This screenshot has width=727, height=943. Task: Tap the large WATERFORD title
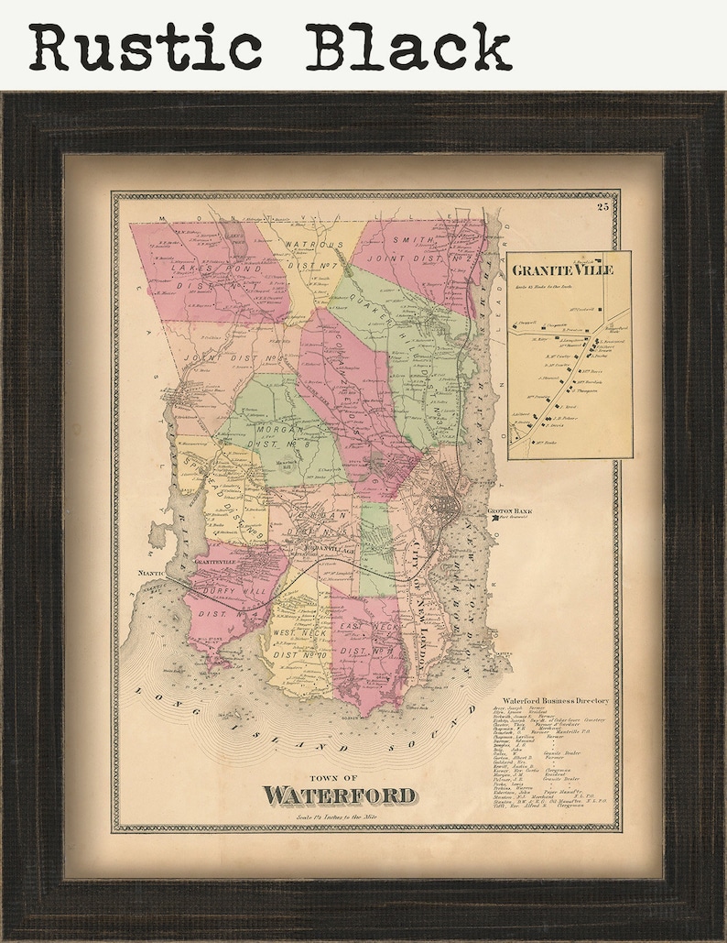pyautogui.click(x=339, y=795)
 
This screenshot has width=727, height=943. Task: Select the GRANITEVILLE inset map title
pyautogui.click(x=562, y=270)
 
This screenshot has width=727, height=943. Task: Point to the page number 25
pyautogui.click(x=602, y=207)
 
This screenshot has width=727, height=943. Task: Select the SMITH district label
pyautogui.click(x=412, y=241)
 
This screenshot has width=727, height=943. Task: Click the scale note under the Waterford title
pyautogui.click(x=337, y=817)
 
